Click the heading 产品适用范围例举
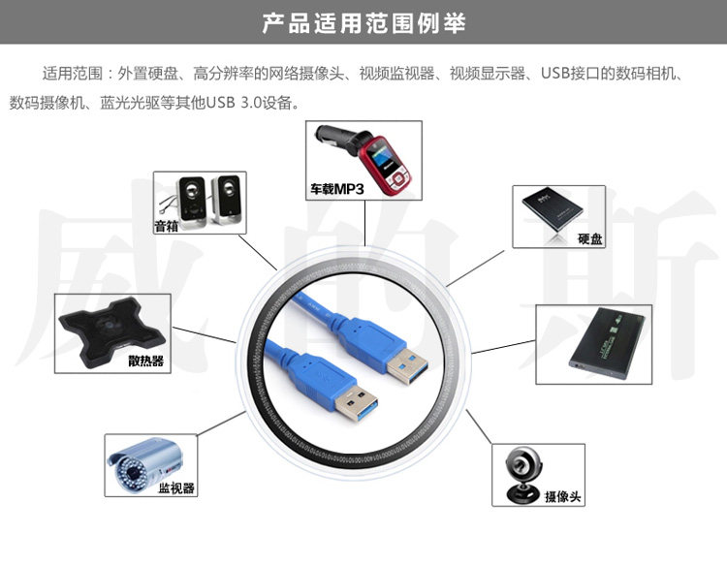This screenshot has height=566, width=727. click(x=363, y=22)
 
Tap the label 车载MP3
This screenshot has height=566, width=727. click(x=336, y=190)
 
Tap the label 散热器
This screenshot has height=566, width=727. click(x=145, y=362)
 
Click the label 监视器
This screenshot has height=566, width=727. click(x=176, y=487)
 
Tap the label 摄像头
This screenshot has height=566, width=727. click(x=562, y=496)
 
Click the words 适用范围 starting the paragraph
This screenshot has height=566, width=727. click(x=73, y=74)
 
